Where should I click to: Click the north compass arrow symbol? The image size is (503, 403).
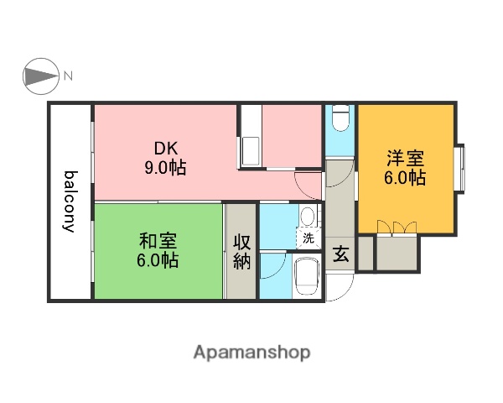39,77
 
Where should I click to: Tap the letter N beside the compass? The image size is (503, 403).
69,77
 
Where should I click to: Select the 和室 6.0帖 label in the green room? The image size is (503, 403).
158,250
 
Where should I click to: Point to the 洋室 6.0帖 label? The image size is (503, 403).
406,168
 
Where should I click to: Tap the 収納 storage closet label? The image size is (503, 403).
241,251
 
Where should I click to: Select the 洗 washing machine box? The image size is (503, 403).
308,238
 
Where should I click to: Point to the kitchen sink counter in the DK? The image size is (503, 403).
250,151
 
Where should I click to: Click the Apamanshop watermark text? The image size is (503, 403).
251,353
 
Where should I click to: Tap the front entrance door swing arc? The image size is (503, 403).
334,290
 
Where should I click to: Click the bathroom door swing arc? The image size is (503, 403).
271,267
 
